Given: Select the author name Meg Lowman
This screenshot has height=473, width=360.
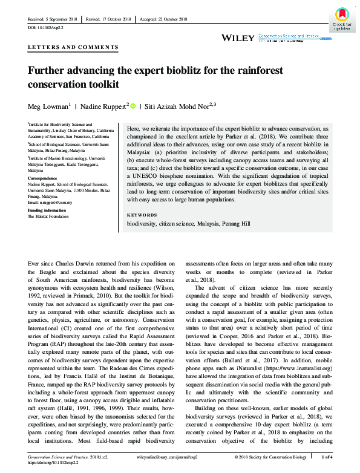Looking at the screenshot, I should click(47, 106).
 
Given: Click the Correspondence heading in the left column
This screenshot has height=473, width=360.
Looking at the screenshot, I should click(42, 179).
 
